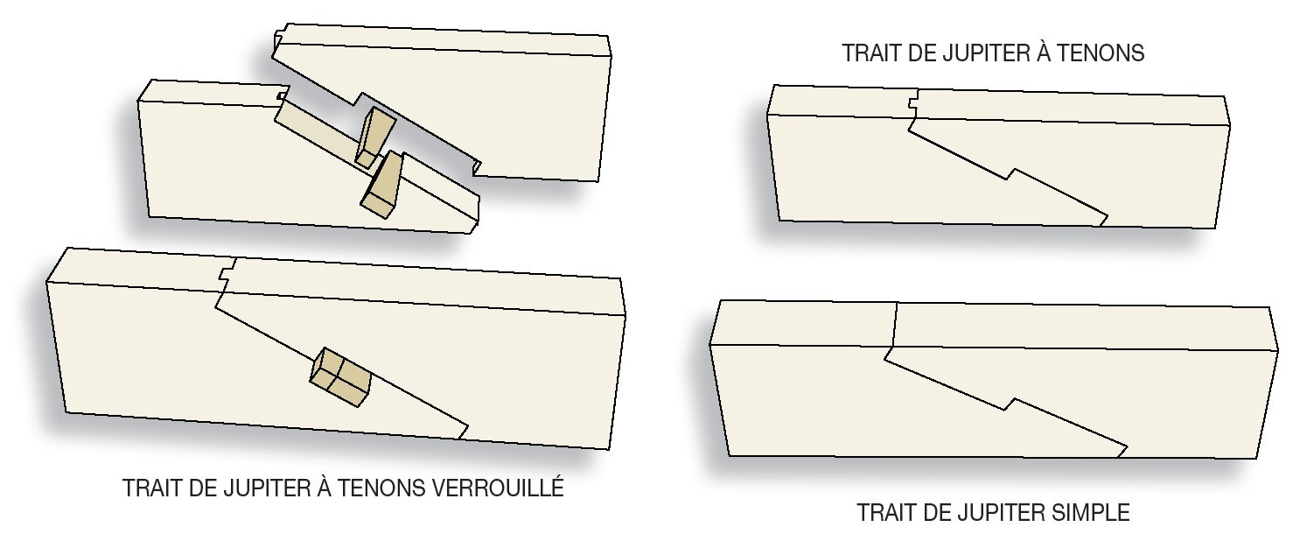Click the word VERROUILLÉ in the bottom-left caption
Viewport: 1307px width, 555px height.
point(498,488)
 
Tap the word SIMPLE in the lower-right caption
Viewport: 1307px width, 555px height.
point(1091,512)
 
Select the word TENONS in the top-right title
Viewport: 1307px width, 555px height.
point(1101,53)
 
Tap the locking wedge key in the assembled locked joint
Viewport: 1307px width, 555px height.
point(339,377)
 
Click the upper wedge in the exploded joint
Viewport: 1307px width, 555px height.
point(375,137)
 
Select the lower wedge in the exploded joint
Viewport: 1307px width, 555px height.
point(382,185)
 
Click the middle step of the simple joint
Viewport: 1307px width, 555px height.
point(1010,404)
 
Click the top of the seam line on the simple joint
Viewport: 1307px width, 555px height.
point(897,303)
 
